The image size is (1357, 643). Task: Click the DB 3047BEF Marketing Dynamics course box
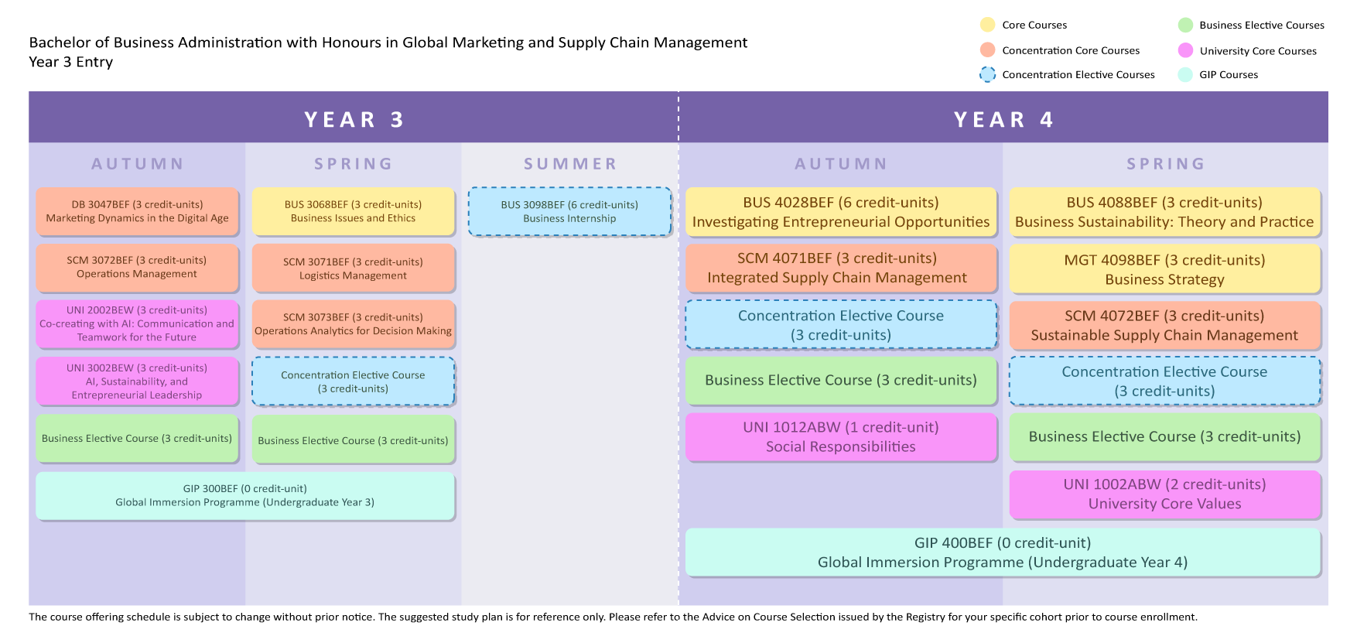pos(137,211)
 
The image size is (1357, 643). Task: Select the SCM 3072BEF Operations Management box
pos(137,267)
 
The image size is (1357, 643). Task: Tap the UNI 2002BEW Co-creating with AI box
pos(137,323)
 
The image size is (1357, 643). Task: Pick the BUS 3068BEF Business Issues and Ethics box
pos(354,211)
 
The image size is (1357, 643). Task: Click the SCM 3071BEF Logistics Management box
pos(354,268)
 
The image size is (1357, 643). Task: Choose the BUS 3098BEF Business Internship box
pos(569,211)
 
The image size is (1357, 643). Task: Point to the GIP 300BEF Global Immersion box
pos(245,495)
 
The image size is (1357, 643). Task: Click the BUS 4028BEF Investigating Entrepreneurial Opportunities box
pos(841,212)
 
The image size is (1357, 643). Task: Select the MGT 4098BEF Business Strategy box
pos(1165,269)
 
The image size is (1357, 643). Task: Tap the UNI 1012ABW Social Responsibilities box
pos(841,437)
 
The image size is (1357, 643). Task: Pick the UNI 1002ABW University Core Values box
pos(1165,494)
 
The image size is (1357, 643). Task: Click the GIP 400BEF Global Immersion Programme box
pos(1003,552)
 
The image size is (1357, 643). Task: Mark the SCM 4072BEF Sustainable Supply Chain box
pos(1165,325)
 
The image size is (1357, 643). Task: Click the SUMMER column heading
pos(570,164)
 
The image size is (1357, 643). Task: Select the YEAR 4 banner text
pos(1003,120)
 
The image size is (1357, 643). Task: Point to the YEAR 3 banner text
pos(354,120)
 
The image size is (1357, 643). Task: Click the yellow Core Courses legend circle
pos(987,25)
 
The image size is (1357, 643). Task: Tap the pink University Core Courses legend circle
pos(1185,50)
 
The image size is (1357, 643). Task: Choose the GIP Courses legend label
pos(1229,75)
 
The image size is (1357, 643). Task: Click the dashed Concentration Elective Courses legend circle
pos(987,74)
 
